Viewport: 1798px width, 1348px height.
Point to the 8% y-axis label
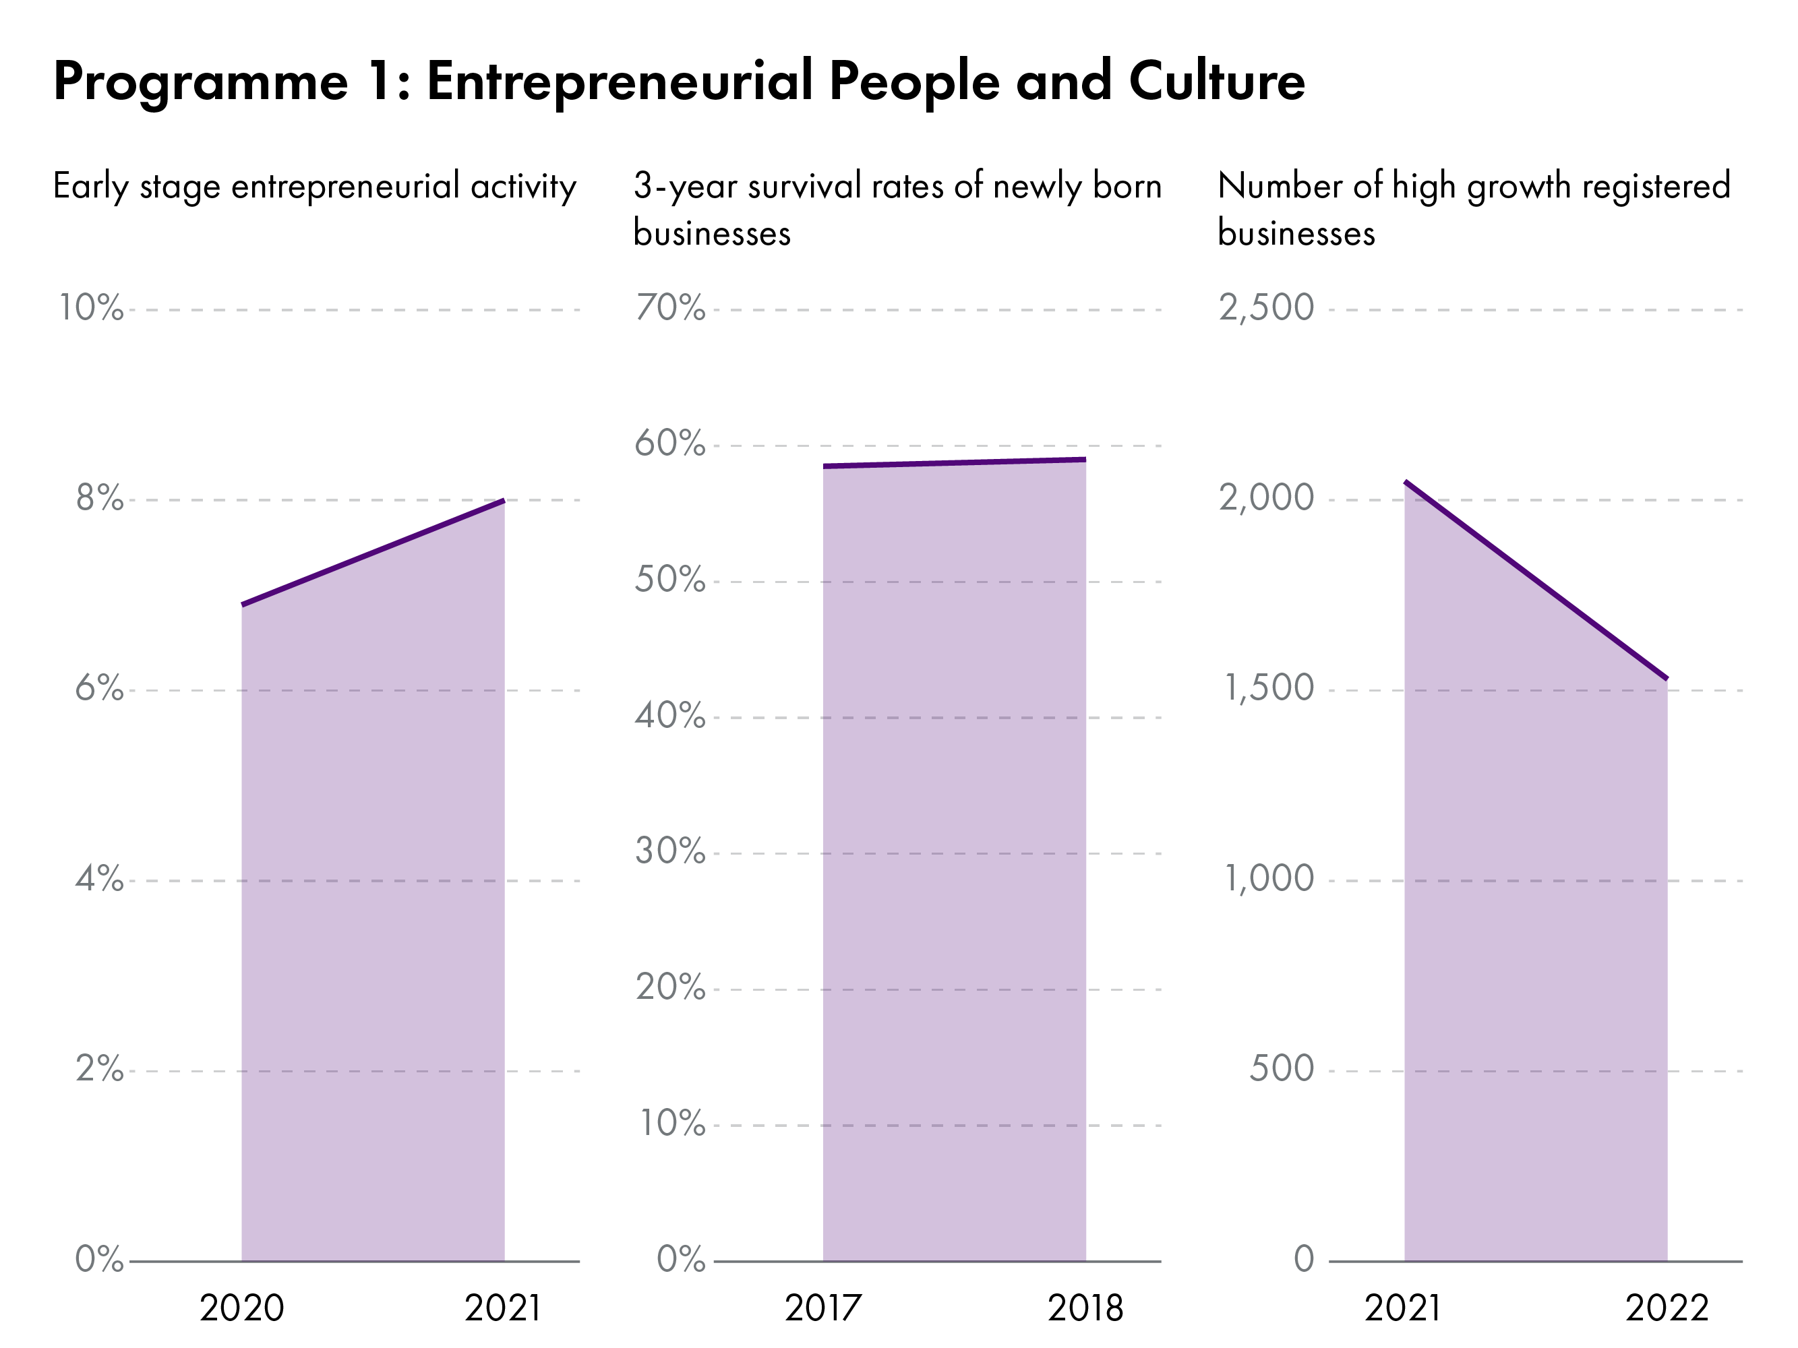[x=99, y=498]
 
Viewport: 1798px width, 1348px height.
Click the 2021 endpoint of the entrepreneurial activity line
[x=504, y=501]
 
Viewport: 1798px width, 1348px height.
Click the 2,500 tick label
[x=1265, y=308]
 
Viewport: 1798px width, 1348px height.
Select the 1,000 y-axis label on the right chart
[x=1268, y=879]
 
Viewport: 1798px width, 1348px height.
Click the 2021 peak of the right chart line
[x=1406, y=483]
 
